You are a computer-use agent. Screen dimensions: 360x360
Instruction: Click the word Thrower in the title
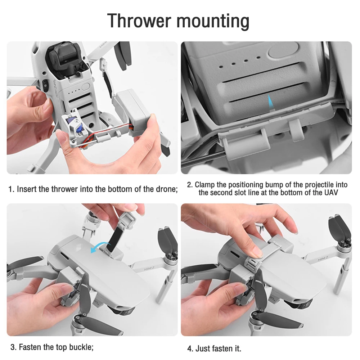(139, 21)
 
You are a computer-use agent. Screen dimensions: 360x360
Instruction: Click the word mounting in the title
(213, 22)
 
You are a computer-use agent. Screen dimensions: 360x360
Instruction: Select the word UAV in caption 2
(331, 192)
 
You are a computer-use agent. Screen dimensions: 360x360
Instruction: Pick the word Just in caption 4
(202, 348)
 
